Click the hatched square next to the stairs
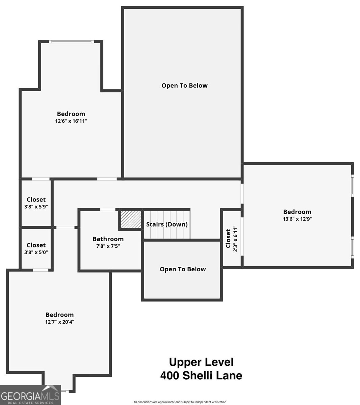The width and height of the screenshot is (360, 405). click(130, 219)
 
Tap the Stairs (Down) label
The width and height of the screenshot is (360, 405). click(166, 224)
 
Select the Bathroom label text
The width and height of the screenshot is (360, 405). click(108, 239)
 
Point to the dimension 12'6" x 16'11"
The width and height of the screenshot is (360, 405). click(71, 121)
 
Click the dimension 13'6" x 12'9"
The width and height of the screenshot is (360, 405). click(297, 219)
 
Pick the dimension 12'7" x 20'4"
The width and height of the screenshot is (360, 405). click(59, 322)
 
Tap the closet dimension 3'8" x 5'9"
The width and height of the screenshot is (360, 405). click(36, 207)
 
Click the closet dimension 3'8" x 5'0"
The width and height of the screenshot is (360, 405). click(36, 252)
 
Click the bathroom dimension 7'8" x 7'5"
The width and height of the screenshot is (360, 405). click(108, 246)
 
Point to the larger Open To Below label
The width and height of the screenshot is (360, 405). click(184, 85)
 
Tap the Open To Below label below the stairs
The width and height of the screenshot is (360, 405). click(182, 269)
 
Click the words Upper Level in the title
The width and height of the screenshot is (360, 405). click(201, 362)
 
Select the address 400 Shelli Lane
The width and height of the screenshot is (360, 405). click(201, 375)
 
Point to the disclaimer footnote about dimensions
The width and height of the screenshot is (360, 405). click(180, 402)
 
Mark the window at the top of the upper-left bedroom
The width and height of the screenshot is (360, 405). click(71, 42)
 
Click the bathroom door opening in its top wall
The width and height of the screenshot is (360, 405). click(108, 210)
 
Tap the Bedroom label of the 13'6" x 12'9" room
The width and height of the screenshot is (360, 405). click(297, 212)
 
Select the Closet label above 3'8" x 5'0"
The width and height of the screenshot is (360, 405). click(36, 245)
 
